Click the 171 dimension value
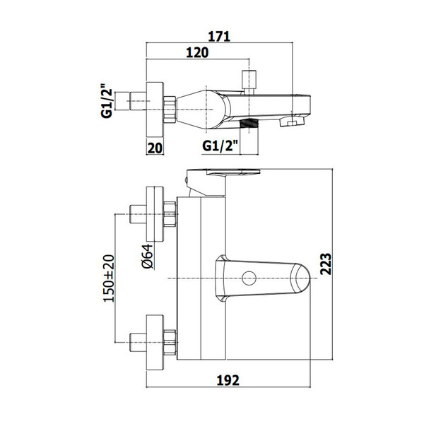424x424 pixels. (219, 37)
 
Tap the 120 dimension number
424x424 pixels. (197, 52)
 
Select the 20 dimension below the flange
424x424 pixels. (155, 148)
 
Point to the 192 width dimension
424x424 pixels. (228, 380)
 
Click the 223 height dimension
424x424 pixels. (326, 264)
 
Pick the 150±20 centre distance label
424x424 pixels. (109, 278)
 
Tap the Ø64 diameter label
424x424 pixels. (148, 256)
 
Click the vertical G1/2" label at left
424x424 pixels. (107, 102)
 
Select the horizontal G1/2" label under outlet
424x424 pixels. (220, 146)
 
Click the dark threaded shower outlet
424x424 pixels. (249, 124)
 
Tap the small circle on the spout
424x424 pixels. (249, 278)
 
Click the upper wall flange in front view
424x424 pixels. (155, 214)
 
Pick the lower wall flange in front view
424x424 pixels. (155, 343)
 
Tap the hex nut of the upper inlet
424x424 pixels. (170, 214)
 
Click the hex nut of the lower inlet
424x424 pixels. (170, 342)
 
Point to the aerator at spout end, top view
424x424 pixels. (293, 122)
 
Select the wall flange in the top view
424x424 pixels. (155, 109)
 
